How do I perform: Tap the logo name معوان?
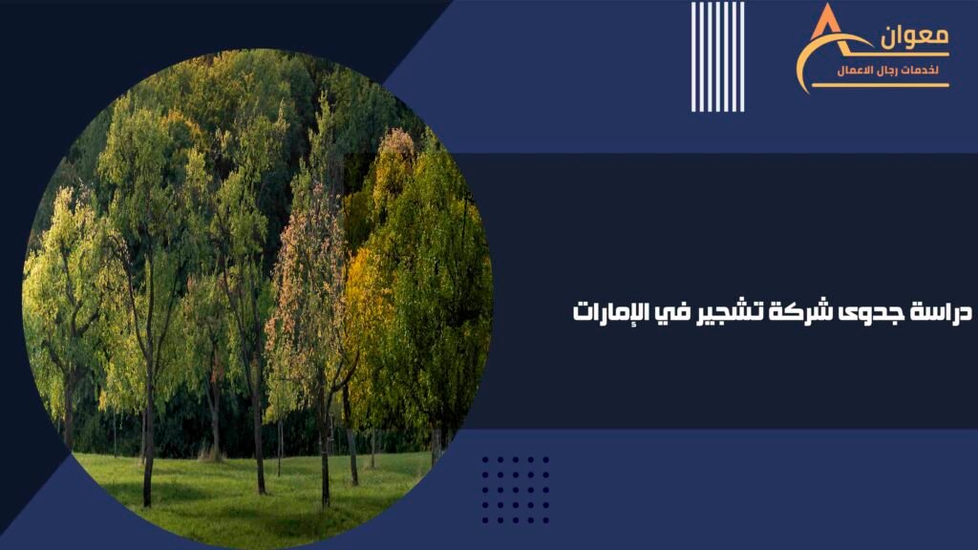(914, 35)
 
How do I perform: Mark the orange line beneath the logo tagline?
(880, 85)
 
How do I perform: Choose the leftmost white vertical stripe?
(693, 56)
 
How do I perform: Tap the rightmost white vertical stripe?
(741, 56)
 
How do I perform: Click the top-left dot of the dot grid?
(485, 460)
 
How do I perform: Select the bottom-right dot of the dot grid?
(545, 520)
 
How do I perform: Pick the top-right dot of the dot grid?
(545, 460)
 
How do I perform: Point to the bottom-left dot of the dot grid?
(485, 520)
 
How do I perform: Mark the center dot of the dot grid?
(516, 490)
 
